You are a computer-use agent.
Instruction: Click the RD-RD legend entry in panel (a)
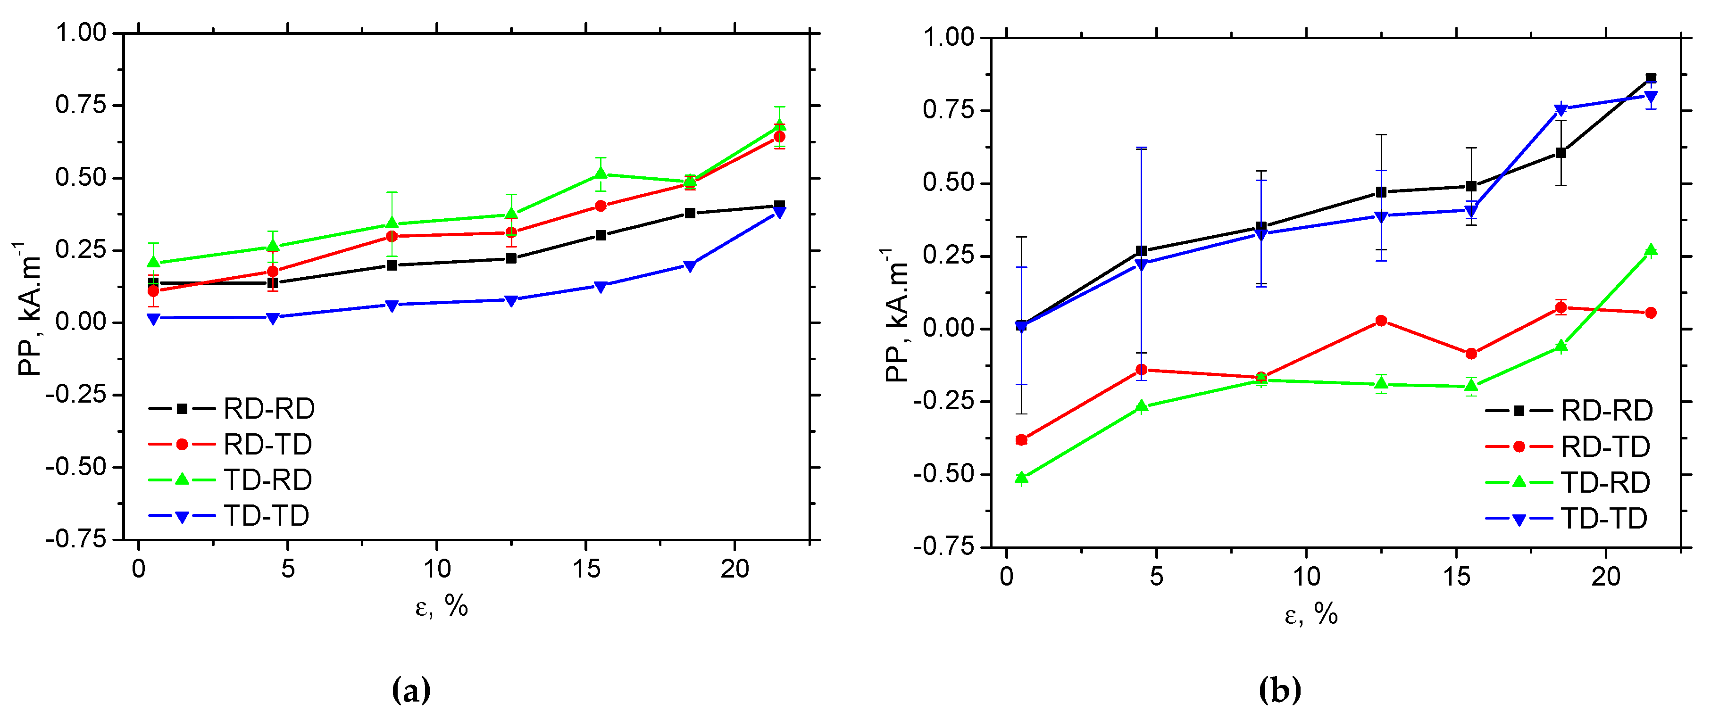268,409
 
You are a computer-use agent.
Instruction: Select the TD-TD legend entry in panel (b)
1603,519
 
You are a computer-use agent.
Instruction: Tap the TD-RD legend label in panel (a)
267,480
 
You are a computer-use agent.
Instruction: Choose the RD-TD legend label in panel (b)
1605,447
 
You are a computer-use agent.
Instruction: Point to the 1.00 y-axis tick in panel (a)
80,32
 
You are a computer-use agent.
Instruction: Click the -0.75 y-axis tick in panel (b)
943,546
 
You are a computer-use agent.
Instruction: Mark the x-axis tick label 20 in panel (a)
734,569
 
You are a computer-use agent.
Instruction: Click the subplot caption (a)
411,690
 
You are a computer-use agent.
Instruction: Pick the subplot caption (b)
1279,690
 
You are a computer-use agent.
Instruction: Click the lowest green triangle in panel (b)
1021,477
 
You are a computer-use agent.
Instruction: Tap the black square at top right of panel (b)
1651,78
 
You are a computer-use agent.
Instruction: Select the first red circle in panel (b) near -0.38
1021,439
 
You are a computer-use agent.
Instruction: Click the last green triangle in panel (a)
780,125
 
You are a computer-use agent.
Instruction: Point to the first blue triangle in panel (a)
153,319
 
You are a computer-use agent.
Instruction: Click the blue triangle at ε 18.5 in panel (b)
1561,109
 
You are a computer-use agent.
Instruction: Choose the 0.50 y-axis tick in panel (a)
80,177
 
